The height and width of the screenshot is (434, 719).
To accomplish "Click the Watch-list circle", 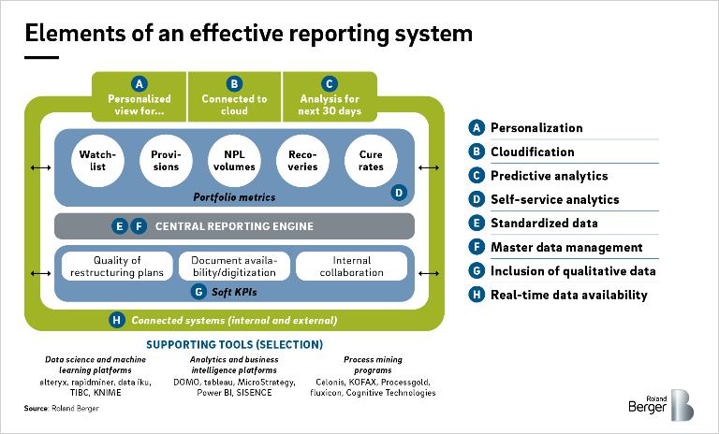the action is (97, 161).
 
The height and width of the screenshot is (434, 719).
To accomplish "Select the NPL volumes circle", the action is (234, 161).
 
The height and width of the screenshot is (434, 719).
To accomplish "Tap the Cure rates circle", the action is (371, 161).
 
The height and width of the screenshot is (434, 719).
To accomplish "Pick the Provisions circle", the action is (166, 161).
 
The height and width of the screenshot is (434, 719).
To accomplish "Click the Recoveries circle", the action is (302, 161).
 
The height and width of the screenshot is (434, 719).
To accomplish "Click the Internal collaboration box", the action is (352, 267).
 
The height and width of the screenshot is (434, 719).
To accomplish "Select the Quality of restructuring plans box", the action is (117, 267).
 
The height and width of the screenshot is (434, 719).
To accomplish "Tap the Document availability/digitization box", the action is (234, 267).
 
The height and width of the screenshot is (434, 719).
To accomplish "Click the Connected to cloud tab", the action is (234, 96).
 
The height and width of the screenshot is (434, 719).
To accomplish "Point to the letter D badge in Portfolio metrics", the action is (399, 193).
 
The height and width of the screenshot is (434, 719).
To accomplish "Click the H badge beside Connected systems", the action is (117, 320).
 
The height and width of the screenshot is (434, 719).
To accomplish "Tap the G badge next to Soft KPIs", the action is (198, 292).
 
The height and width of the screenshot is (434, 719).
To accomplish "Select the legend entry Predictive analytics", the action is (549, 176).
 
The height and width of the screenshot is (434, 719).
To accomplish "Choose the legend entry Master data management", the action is (566, 248).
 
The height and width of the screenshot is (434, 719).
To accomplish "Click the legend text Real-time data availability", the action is (568, 295).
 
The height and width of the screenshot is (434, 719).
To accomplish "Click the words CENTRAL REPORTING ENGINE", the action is (234, 226).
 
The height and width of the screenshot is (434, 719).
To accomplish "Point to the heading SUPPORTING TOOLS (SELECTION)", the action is (234, 344).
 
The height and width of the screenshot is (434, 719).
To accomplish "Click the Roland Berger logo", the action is (661, 405).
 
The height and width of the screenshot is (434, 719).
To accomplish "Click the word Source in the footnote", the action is (36, 409).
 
